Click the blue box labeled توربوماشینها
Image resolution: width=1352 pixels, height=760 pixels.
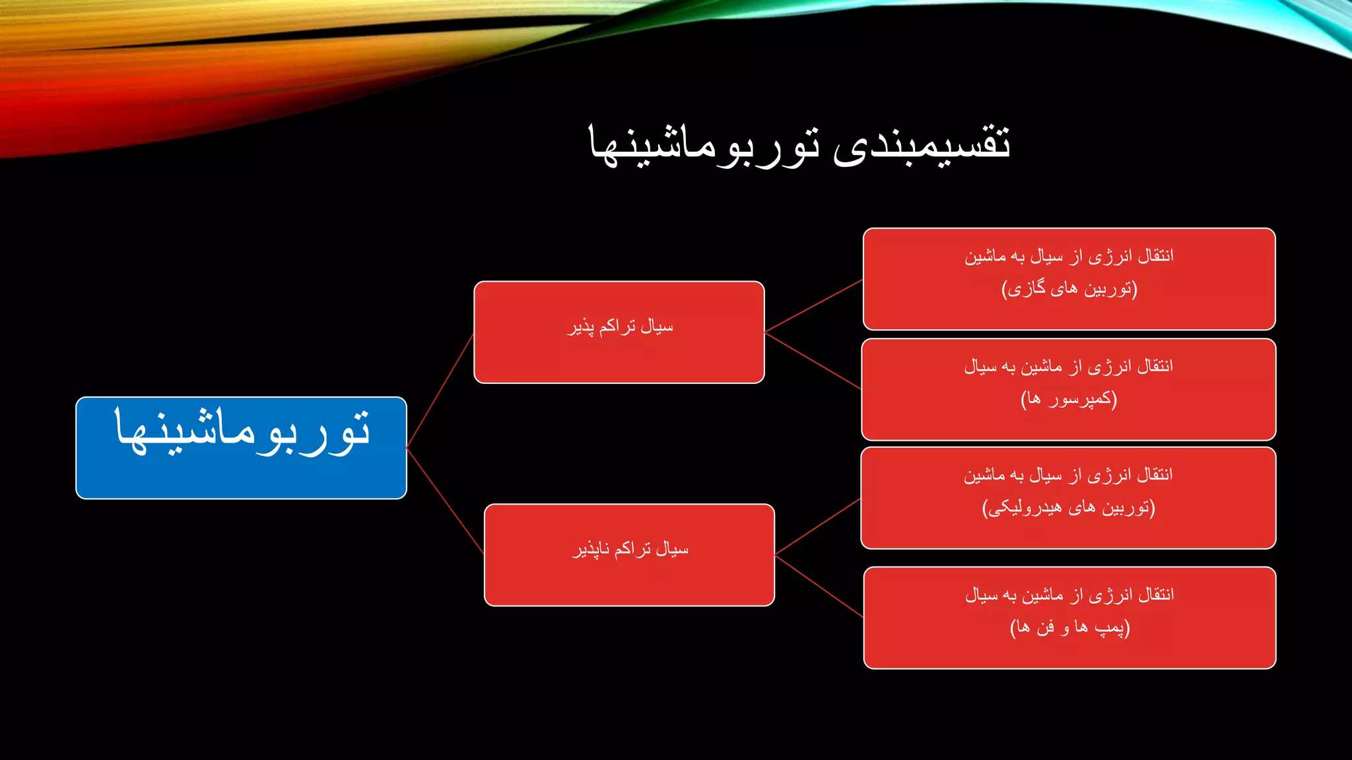pyautogui.click(x=241, y=448)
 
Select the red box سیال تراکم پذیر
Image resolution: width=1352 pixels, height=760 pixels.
pyautogui.click(x=619, y=332)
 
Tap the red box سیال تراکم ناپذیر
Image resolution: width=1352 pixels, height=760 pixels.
pyautogui.click(x=629, y=555)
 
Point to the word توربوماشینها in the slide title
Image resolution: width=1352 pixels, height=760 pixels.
pyautogui.click(x=704, y=144)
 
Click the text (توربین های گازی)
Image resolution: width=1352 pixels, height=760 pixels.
pyautogui.click(x=1069, y=289)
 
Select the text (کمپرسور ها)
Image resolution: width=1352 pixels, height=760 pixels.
pyautogui.click(x=1068, y=399)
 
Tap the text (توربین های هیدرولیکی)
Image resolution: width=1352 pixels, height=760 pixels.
pyautogui.click(x=1068, y=507)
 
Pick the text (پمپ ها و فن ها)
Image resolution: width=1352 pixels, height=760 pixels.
pyautogui.click(x=1069, y=627)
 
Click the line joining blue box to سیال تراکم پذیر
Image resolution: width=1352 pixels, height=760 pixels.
pyautogui.click(x=440, y=391)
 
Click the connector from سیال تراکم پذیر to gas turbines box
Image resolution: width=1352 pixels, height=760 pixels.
pyautogui.click(x=813, y=305)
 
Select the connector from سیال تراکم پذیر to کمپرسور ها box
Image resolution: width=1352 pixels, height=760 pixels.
pyautogui.click(x=813, y=360)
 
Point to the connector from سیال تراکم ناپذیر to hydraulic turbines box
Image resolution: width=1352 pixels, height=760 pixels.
pyautogui.click(x=817, y=526)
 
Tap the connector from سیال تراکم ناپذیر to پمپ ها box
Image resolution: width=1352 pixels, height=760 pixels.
pyautogui.click(x=819, y=586)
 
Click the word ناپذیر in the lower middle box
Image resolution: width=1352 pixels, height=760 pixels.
pyautogui.click(x=591, y=550)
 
